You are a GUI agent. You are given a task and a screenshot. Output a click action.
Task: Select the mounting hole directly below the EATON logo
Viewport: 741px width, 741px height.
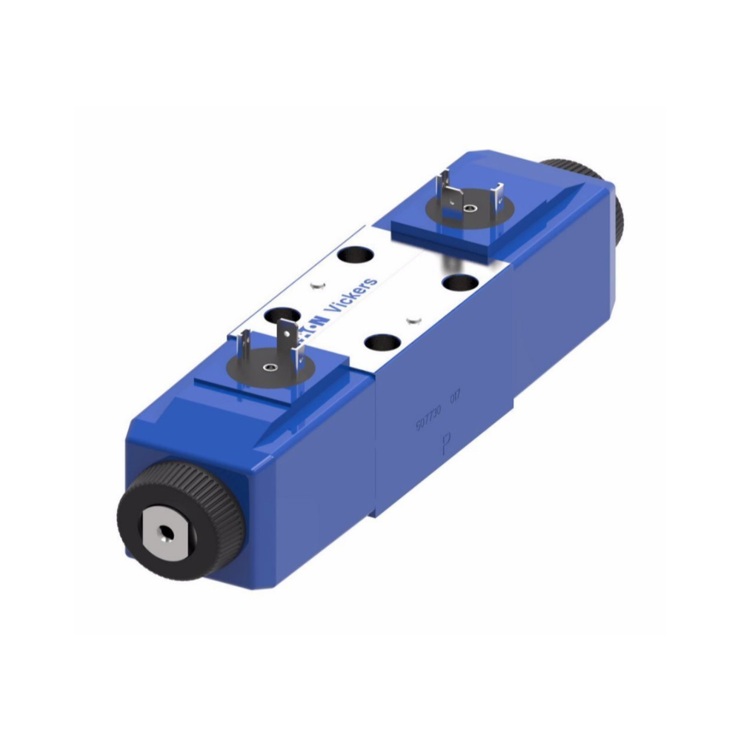pyautogui.click(x=382, y=343)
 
